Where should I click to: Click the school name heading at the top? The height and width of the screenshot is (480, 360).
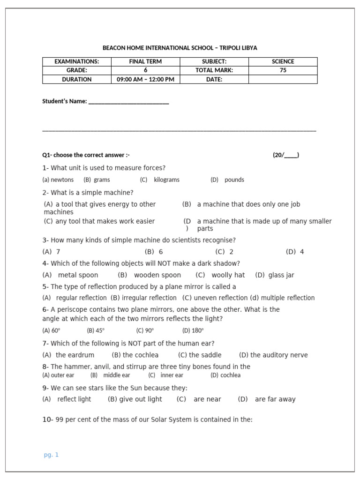point(180,48)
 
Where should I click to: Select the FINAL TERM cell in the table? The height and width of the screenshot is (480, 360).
point(145,61)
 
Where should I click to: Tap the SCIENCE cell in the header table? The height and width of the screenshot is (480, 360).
point(283,61)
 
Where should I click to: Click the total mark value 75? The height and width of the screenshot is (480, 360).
point(283,70)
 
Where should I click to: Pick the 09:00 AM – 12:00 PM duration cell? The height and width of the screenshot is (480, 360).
point(145,79)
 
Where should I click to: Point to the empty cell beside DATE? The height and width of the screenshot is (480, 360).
point(283,79)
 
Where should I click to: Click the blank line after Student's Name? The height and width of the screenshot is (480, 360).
point(128,102)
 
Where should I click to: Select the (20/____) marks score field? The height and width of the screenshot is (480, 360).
point(286,155)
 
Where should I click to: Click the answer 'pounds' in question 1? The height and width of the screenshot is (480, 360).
point(234,180)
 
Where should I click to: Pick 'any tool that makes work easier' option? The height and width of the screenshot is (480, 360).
point(105,221)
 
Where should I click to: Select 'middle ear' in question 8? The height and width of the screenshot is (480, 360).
point(117,375)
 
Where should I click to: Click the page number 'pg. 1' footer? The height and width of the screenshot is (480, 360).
point(51,455)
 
